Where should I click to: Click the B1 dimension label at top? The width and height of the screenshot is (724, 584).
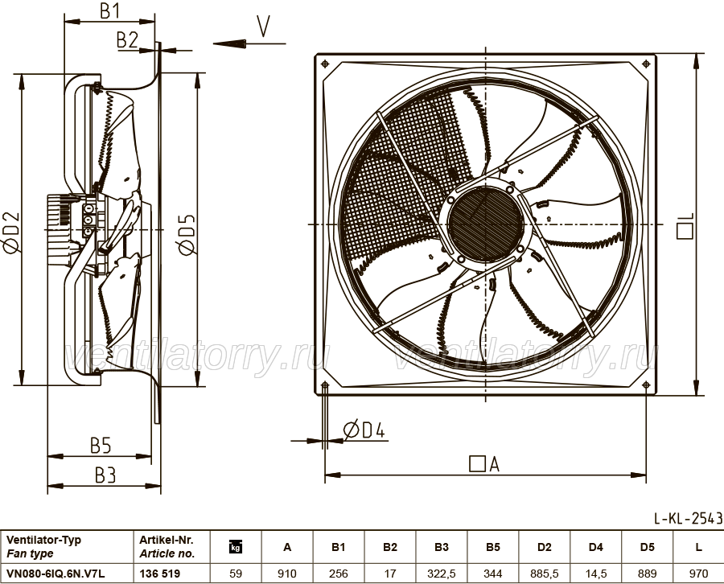pos(109,11)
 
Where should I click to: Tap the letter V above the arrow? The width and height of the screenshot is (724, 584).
pos(263,27)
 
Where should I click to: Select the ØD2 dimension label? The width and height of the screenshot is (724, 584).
pos(11,232)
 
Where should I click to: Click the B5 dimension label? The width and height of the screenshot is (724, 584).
pos(101,446)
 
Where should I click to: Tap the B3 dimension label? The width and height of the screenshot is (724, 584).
pos(105,475)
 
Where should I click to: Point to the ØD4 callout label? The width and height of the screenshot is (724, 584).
pos(364,430)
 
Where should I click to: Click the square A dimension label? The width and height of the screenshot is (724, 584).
pos(484,463)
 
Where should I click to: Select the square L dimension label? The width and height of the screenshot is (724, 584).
pos(685,226)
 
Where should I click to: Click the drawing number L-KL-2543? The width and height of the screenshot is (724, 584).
pos(688,519)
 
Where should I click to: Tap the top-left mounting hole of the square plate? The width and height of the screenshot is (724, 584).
pos(325,64)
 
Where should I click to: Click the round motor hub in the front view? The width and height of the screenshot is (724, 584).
pos(485,224)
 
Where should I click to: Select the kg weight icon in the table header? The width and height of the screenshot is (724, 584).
pos(236,547)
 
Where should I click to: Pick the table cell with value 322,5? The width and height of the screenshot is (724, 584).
pos(442,574)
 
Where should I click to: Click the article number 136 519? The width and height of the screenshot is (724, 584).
pos(160,574)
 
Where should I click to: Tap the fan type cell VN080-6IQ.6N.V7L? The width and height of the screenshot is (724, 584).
pos(56,574)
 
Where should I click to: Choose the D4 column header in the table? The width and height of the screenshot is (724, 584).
pos(595,547)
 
